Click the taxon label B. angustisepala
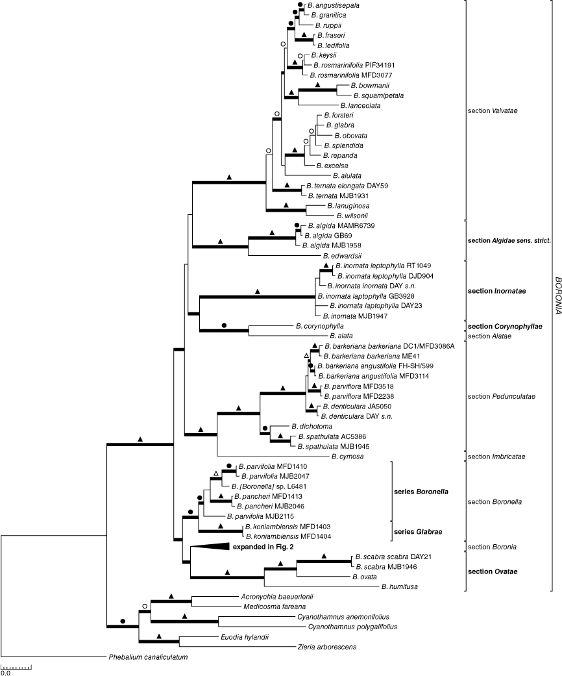coord(333,6)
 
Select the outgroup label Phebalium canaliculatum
coord(148,657)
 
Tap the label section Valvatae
coord(493,111)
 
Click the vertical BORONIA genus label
coord(557,295)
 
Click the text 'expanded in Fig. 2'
coord(263,547)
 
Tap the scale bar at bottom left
coord(16,668)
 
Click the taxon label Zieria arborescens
coord(326,647)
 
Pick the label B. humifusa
coord(400,586)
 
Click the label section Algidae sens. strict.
coord(509,240)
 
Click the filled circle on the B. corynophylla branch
coord(224,325)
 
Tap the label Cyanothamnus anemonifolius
coord(343,617)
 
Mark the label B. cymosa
coord(347,457)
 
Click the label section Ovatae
coord(493,571)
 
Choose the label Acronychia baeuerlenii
coord(277,597)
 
